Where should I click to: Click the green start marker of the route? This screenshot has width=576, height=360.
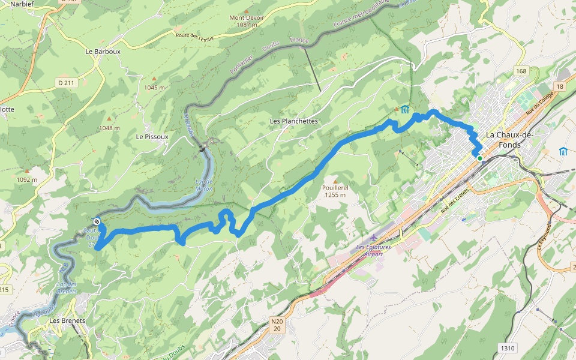(479, 158)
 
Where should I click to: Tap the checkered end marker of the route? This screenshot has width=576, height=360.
(97, 221)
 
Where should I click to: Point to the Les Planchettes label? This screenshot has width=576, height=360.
(293, 121)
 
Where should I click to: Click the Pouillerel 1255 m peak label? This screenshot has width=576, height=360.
(334, 191)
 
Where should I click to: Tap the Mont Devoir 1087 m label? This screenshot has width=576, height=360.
(247, 21)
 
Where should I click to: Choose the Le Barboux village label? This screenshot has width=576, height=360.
(103, 52)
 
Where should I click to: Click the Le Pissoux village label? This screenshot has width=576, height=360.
(152, 136)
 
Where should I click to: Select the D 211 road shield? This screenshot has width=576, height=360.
(67, 83)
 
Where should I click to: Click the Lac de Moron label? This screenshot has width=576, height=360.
(204, 185)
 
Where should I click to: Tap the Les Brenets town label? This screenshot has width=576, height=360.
(67, 321)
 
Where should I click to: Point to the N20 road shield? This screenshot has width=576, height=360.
(277, 325)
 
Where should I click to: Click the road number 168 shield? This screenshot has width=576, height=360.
(520, 71)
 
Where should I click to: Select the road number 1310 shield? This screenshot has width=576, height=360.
(508, 348)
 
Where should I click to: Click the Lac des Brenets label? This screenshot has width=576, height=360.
(67, 288)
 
